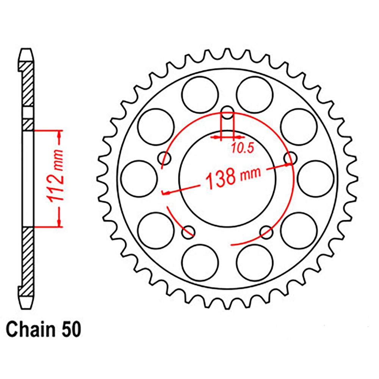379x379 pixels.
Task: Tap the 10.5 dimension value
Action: coord(242,149)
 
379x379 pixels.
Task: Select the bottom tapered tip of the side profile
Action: coord(25,301)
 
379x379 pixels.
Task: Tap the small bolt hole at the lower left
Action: coord(188,232)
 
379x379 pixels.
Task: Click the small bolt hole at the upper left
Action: coord(164,157)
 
